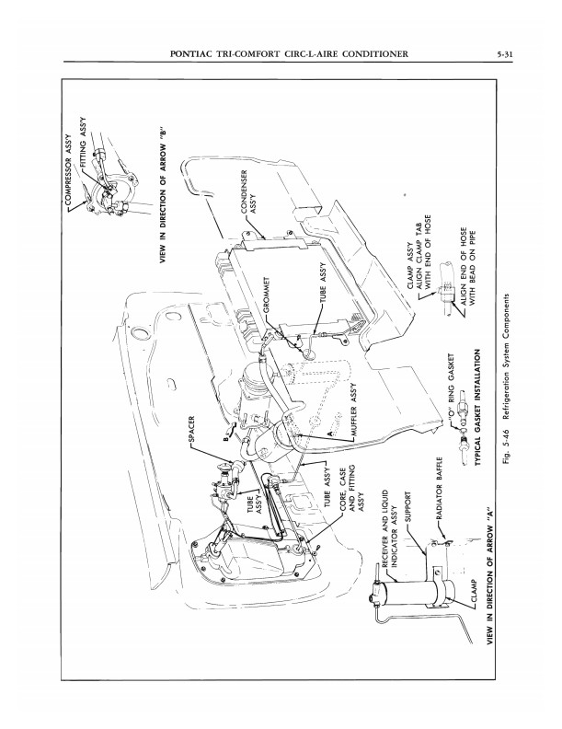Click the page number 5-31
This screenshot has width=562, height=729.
click(503, 54)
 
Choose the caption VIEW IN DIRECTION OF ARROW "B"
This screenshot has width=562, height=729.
click(163, 194)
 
